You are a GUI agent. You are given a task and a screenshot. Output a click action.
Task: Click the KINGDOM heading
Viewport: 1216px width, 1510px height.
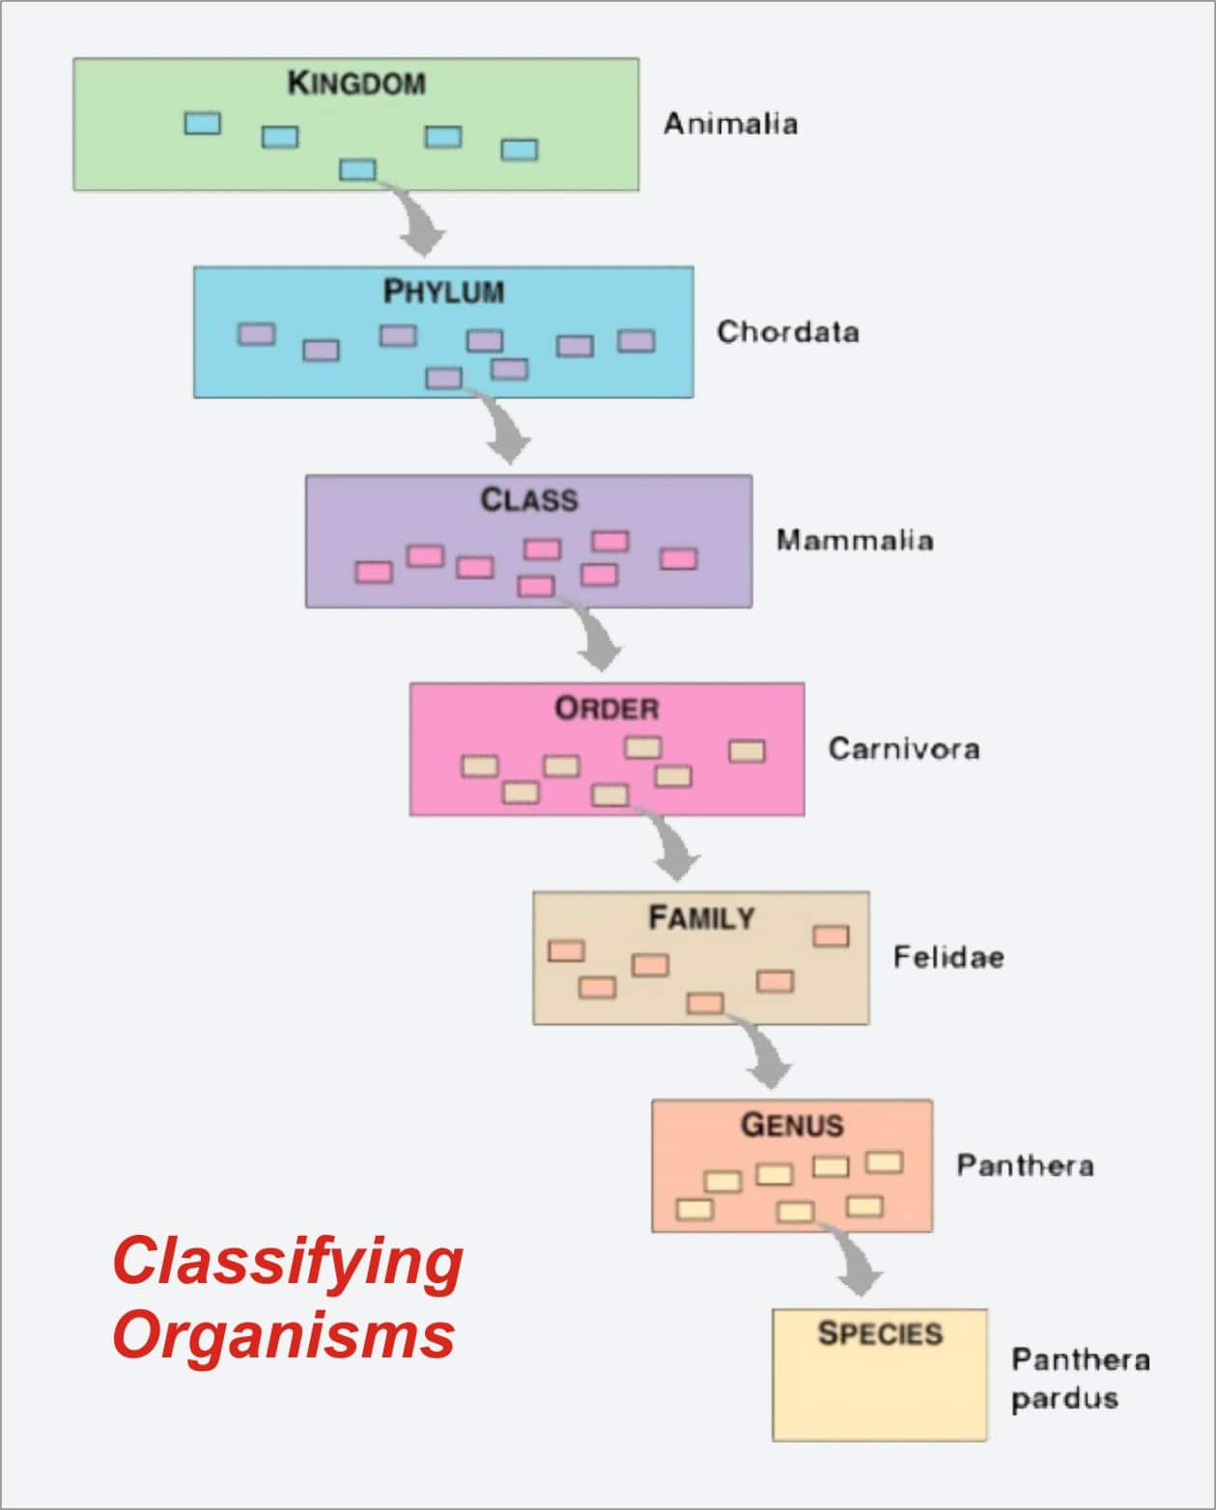[356, 83]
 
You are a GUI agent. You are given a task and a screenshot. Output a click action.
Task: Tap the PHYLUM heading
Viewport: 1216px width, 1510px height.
[443, 292]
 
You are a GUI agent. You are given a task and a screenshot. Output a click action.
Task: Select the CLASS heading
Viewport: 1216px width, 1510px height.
[528, 500]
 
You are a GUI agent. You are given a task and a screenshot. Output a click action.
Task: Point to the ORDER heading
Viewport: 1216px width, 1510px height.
[607, 709]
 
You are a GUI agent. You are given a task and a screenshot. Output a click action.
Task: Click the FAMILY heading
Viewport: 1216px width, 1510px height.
[700, 917]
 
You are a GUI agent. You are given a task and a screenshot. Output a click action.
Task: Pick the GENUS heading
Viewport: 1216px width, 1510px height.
[792, 1125]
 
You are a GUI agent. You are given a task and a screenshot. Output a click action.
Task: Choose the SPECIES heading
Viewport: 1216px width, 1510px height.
[879, 1334]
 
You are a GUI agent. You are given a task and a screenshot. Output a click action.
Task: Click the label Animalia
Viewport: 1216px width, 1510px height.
[730, 124]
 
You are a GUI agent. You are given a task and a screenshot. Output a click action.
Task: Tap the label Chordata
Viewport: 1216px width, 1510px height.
[787, 332]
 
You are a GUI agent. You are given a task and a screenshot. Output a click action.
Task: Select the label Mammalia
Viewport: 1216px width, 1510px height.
[855, 540]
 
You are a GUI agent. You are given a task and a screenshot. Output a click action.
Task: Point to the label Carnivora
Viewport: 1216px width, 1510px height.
[904, 749]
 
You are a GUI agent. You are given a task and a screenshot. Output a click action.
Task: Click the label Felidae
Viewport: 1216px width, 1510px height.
[948, 958]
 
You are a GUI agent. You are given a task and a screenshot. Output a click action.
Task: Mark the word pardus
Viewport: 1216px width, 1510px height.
[1064, 1399]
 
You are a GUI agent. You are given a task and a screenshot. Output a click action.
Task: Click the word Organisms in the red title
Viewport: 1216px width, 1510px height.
[284, 1335]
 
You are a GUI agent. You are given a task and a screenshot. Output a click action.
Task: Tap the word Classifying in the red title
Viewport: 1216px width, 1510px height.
[288, 1262]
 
